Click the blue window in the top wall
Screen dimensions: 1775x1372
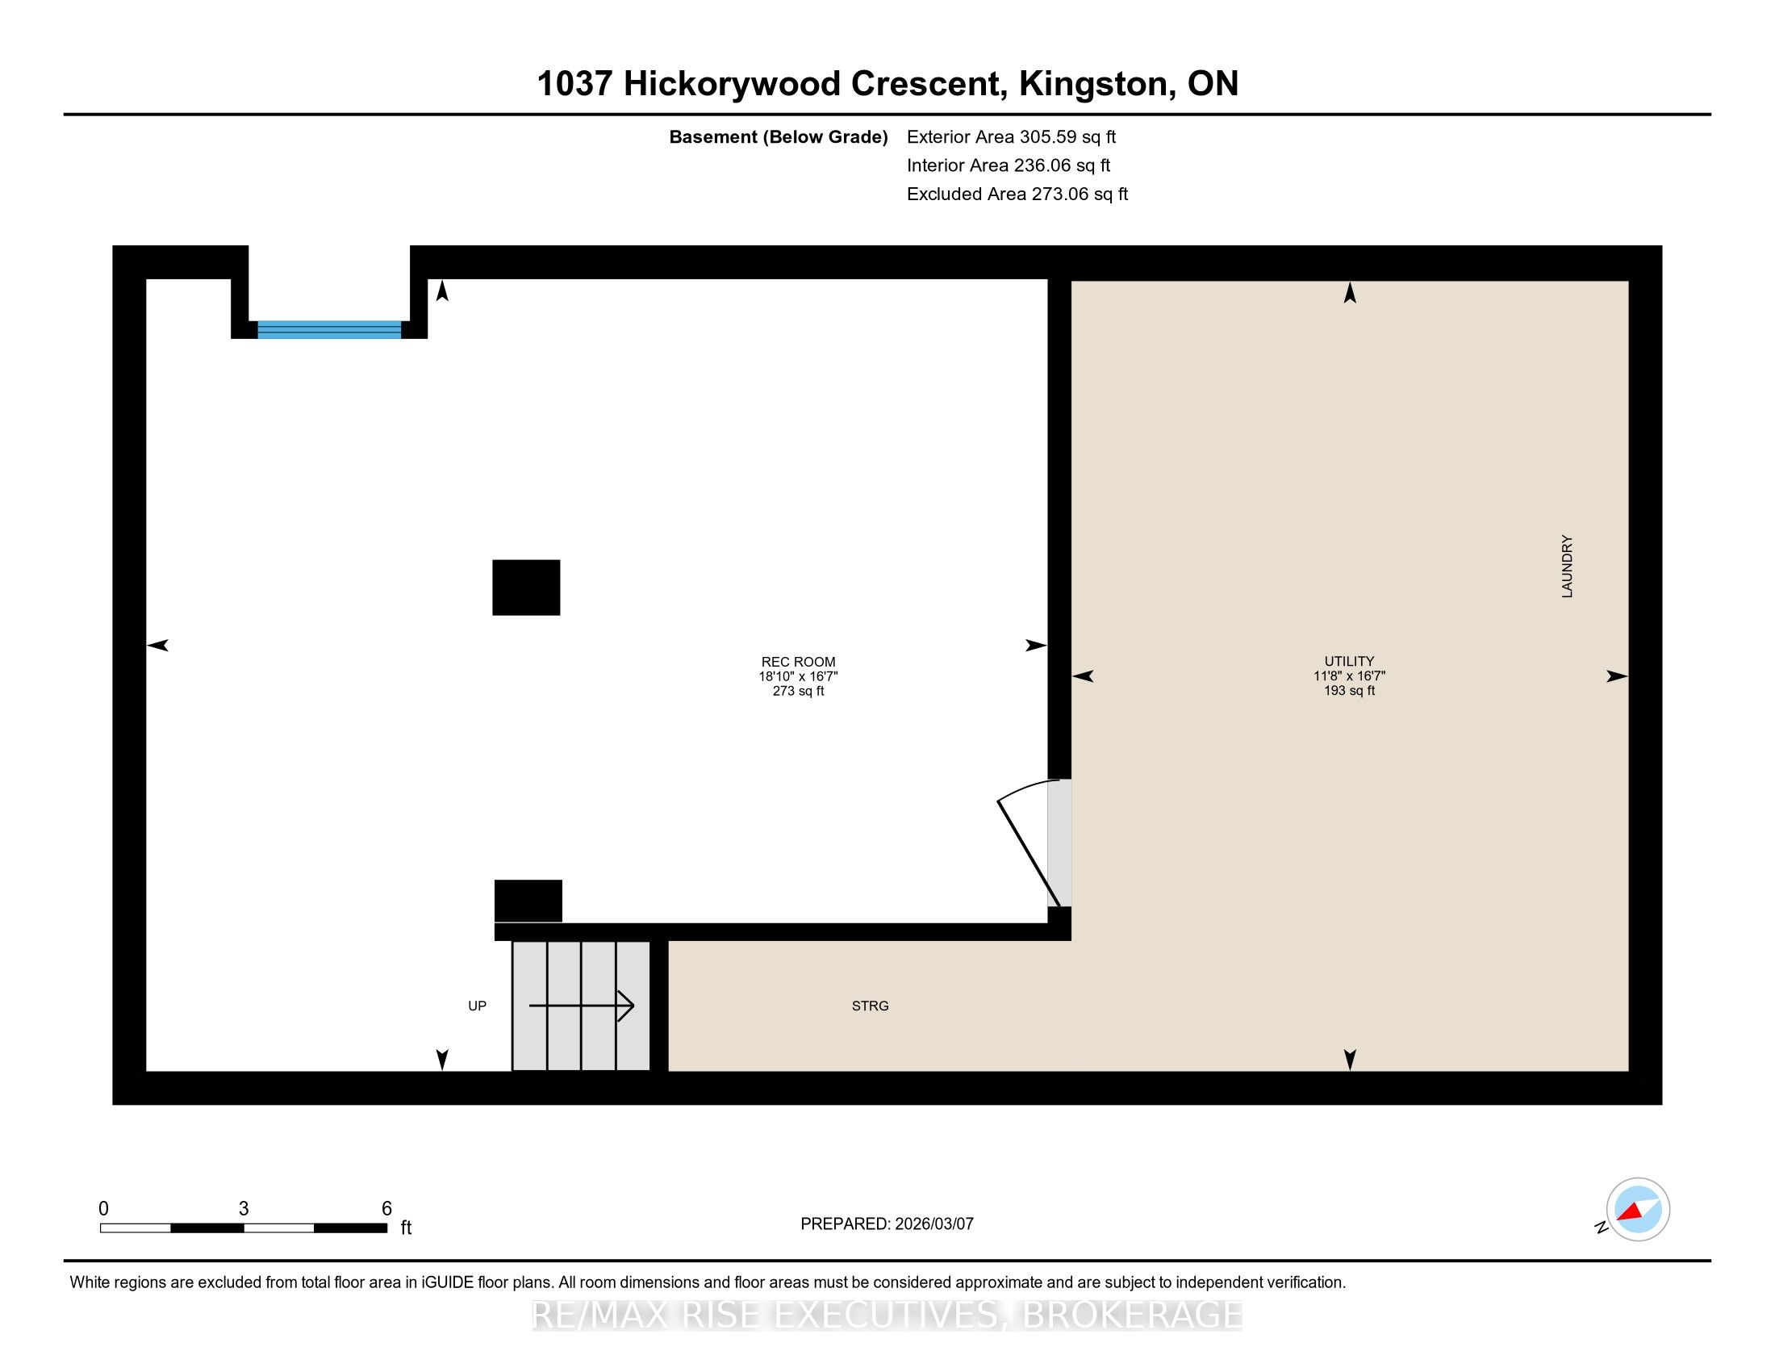pos(329,329)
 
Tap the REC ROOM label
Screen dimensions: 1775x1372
pos(798,662)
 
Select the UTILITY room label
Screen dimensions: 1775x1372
pos(1349,662)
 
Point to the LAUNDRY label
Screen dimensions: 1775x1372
pos(1567,567)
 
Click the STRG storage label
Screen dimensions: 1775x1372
pos(870,1006)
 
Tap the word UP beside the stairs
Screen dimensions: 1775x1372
pos(477,1006)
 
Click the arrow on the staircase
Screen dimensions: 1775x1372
pos(581,1006)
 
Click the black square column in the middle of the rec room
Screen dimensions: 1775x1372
pos(526,588)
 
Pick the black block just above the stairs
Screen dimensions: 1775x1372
pos(528,901)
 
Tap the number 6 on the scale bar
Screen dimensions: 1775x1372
pos(386,1209)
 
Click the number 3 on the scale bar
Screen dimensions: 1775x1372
pos(244,1209)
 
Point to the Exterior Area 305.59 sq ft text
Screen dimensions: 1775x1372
pos(1011,136)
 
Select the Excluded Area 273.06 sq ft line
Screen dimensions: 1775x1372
pos(1017,194)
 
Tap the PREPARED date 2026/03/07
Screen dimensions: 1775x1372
pos(933,1224)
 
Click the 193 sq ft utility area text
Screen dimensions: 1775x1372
pos(1349,691)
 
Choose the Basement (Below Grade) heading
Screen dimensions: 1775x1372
pos(778,136)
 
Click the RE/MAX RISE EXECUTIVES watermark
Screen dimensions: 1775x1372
pos(887,1316)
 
